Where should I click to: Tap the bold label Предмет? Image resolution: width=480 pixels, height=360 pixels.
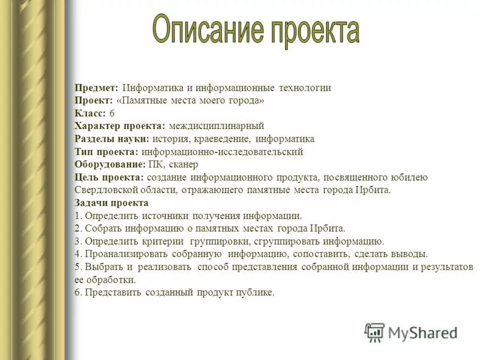pos(97,88)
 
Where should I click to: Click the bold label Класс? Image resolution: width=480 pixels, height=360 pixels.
pos(91,113)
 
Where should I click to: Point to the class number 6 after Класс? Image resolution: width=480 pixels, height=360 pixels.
pos(112,113)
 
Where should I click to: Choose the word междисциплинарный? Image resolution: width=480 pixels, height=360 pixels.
pos(217,126)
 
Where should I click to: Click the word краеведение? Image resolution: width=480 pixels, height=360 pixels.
pos(214,139)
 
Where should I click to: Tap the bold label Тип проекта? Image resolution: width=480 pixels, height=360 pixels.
pos(107,152)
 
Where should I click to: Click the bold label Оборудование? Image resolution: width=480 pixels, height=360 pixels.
pos(110,164)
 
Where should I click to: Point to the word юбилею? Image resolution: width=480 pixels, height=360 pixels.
pos(410,178)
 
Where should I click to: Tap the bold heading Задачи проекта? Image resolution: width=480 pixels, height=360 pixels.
pos(112,203)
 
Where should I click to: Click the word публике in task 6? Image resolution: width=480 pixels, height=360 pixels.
pos(256,293)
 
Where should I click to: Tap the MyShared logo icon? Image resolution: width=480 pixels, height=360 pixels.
pos(374,332)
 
